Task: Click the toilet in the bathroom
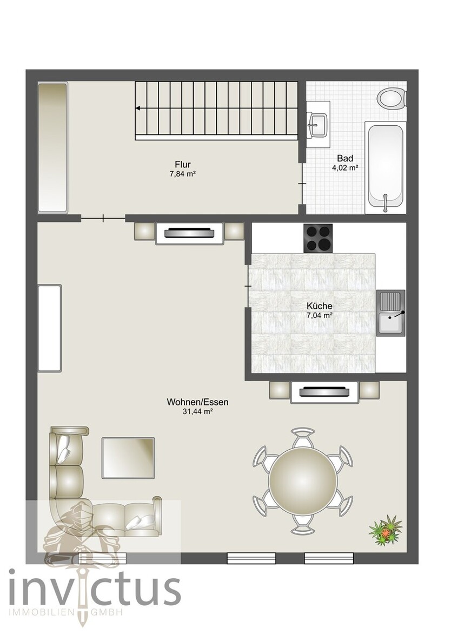(393, 98)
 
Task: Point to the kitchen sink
(391, 313)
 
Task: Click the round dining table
(302, 480)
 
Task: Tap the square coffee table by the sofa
(128, 457)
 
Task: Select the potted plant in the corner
(386, 530)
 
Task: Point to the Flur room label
(183, 165)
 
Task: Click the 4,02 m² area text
(345, 167)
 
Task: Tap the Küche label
(320, 306)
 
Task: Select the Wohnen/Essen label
(197, 402)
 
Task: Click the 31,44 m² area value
(198, 411)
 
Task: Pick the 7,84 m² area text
(183, 174)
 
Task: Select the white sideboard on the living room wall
(50, 328)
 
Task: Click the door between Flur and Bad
(302, 184)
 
